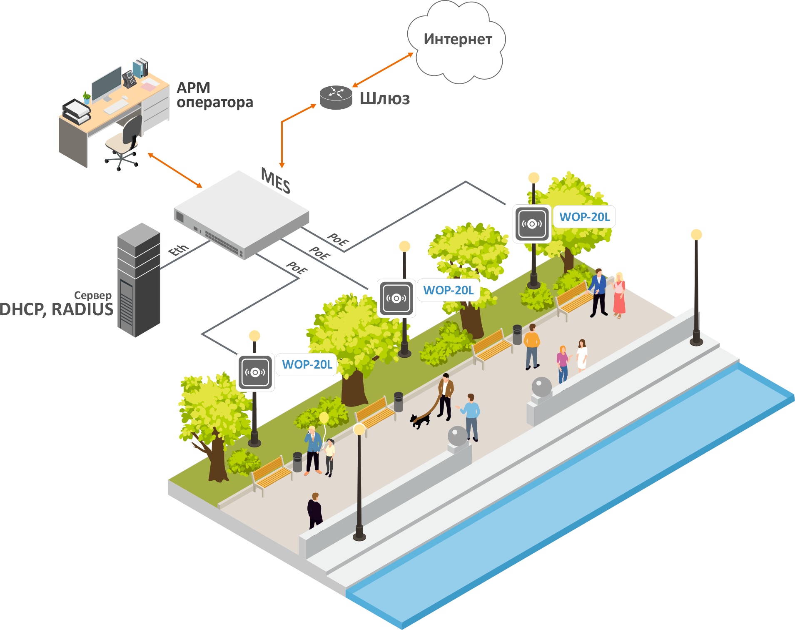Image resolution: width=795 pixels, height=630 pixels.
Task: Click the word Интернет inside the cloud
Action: tap(458, 39)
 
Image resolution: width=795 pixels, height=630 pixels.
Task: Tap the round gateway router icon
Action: tap(336, 98)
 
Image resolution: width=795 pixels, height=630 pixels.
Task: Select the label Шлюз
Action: tap(385, 99)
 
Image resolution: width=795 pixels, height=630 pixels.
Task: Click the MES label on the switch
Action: tap(275, 181)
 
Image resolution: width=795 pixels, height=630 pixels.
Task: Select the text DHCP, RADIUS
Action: tap(56, 309)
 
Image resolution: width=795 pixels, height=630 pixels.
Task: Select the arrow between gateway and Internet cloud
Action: tap(383, 70)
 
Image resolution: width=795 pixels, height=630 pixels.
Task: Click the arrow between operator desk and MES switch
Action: tap(175, 170)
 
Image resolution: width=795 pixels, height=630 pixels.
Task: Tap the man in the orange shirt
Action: tap(532, 346)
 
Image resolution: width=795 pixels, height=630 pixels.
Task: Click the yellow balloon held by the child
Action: tap(324, 417)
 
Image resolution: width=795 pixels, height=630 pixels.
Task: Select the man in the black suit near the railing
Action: tap(315, 511)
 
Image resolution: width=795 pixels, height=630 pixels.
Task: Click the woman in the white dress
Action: tap(582, 355)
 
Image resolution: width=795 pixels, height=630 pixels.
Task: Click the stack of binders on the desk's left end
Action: tap(76, 111)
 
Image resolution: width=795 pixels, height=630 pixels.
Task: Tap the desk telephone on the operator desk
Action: tap(129, 79)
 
